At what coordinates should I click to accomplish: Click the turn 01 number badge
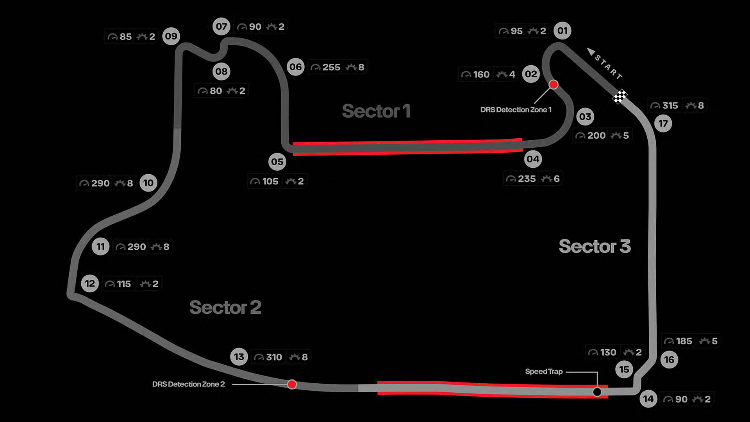562,31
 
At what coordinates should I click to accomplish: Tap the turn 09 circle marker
171,36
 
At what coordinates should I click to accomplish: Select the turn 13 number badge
239,357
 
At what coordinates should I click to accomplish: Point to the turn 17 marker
663,124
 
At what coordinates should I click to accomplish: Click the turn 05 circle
277,162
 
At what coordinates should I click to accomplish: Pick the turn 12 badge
90,284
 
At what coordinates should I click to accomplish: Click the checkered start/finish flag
620,97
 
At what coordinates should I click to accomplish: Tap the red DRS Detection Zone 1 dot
554,84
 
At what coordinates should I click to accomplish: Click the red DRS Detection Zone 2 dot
292,384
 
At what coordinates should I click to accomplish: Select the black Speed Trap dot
597,392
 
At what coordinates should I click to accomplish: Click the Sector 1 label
376,111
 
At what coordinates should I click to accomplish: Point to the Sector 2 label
225,307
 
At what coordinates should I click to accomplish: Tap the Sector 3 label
595,246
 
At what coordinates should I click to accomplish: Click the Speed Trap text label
544,372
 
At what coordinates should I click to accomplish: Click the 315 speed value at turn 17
670,105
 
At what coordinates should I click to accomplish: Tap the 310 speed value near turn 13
274,357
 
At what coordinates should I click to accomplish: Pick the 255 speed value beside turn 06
331,67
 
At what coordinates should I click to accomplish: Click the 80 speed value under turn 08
216,91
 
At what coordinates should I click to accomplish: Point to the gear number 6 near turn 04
557,179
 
